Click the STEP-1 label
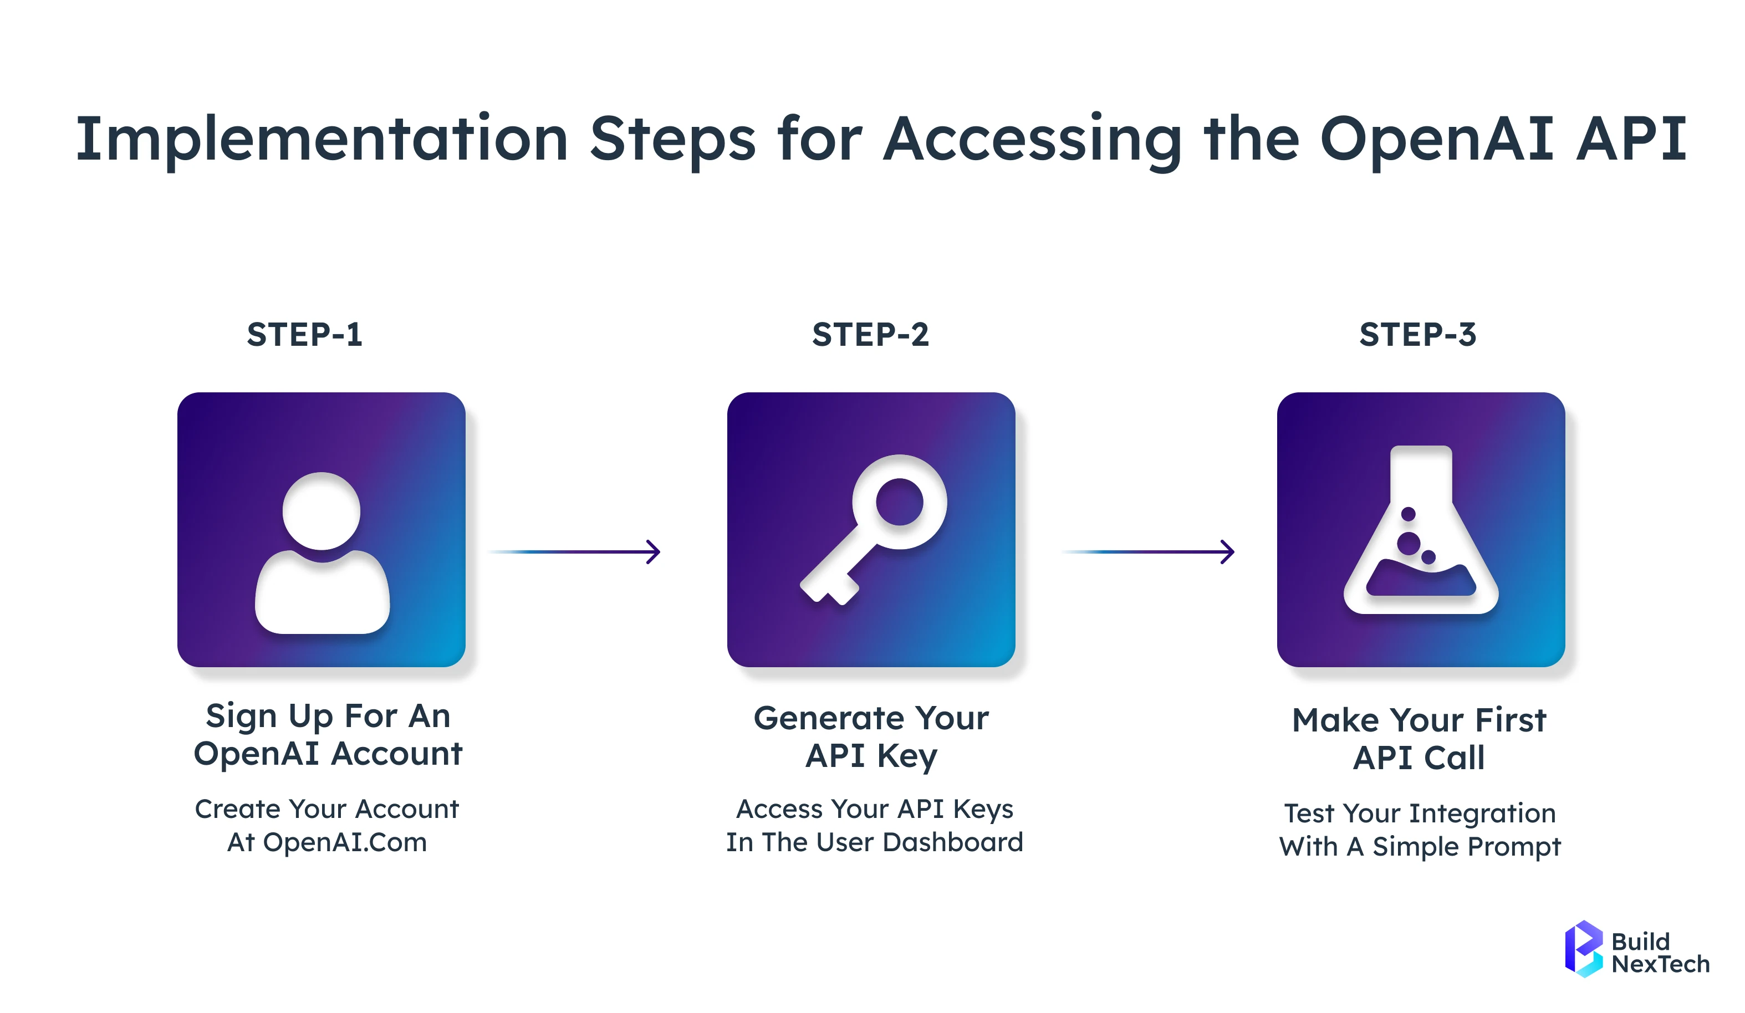coord(305,335)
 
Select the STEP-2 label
coord(870,335)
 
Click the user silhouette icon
coord(322,554)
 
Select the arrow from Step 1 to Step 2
coord(575,552)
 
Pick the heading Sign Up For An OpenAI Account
coord(328,735)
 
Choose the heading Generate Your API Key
coord(871,736)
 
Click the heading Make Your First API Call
coord(1419,739)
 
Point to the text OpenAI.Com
coord(345,843)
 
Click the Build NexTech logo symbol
coord(1583,949)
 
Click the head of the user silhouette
coord(322,511)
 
